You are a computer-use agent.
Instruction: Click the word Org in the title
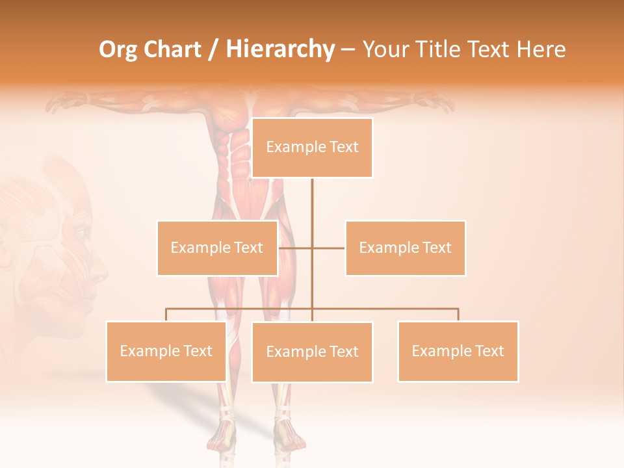coord(118,49)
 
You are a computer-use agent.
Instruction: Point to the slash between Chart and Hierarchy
coord(213,49)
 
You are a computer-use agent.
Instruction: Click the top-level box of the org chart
coord(312,148)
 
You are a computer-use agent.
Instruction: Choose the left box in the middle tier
coord(217,248)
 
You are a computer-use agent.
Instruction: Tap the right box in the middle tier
coord(406,248)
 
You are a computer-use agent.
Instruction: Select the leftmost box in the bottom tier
coord(166,351)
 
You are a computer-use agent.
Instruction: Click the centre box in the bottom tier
coord(312,352)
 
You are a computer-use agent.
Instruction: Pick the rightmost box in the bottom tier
coord(458,351)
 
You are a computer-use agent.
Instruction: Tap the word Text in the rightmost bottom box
coord(489,351)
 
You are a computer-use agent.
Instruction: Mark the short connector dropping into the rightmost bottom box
coord(458,315)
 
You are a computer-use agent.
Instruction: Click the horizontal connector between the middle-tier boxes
coord(312,248)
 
